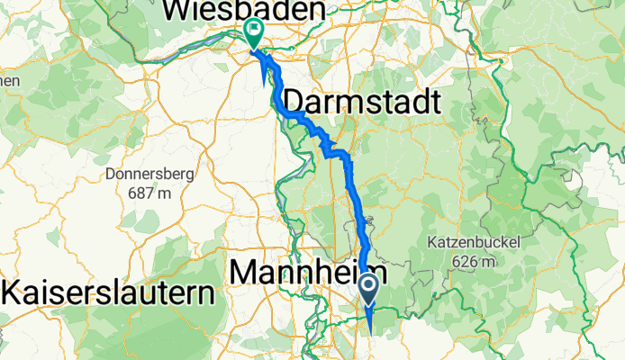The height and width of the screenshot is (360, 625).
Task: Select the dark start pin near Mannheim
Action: (369, 288)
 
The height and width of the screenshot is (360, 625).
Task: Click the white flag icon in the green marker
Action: (254, 31)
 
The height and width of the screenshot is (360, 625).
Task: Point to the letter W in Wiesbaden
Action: (177, 11)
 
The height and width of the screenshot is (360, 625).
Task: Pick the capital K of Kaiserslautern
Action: (14, 292)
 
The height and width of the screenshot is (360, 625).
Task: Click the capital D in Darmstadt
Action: (294, 101)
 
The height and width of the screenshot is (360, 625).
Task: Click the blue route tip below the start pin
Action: (371, 331)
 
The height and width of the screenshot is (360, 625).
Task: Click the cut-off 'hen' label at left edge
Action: (9, 80)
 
